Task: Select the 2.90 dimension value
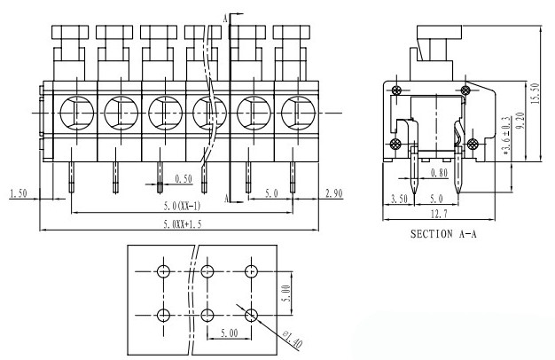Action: pyautogui.click(x=333, y=192)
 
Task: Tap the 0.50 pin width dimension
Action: pyautogui.click(x=184, y=179)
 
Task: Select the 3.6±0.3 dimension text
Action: pyautogui.click(x=504, y=135)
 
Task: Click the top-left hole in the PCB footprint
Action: pyautogui.click(x=163, y=270)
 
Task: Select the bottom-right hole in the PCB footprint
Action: pyautogui.click(x=252, y=315)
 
